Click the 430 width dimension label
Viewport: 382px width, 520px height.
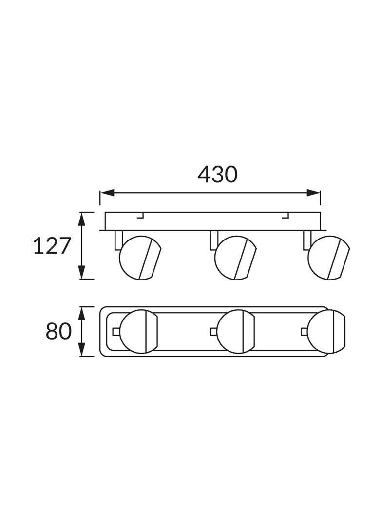[x=217, y=175]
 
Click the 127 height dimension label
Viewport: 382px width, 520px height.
[x=52, y=246]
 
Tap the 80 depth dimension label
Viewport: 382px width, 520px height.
[x=58, y=331]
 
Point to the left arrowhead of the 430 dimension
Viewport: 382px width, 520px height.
[x=107, y=193]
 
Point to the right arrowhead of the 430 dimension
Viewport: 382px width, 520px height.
[x=313, y=193]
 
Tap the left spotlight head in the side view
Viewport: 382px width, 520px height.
[x=140, y=258]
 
